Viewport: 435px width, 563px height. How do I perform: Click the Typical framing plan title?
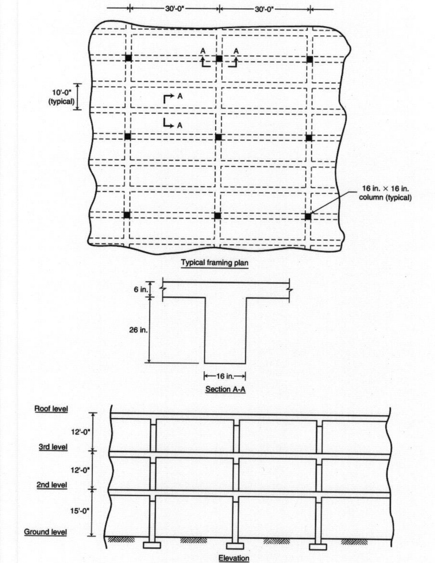point(215,263)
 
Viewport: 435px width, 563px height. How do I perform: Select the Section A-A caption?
point(225,389)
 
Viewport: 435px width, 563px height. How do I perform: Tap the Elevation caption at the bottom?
point(234,558)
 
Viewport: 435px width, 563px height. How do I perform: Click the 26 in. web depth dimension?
point(138,330)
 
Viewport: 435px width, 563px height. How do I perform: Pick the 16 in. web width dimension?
point(225,376)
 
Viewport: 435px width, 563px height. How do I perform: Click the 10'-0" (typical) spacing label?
point(61,97)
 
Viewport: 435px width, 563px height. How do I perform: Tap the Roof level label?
point(51,409)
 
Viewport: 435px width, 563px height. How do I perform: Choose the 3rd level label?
point(53,447)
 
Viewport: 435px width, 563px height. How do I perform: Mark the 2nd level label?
point(52,485)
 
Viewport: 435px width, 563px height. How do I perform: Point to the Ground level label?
point(45,532)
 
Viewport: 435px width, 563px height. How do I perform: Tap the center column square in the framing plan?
point(218,137)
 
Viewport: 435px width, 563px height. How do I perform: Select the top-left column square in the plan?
point(128,58)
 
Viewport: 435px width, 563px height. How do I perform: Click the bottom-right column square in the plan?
point(308,217)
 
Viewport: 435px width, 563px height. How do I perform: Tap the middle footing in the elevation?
point(235,546)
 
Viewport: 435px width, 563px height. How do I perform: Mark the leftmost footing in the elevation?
point(152,545)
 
